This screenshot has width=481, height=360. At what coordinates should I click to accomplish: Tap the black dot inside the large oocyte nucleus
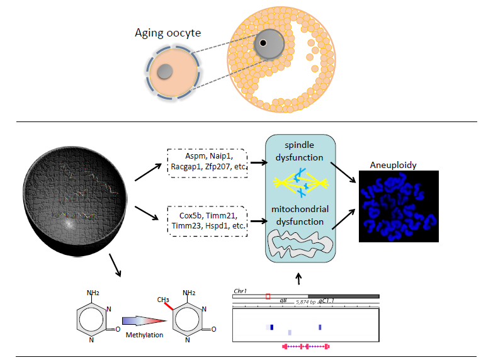[x=263, y=43]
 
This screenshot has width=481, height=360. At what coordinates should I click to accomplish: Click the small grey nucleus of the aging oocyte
[x=165, y=72]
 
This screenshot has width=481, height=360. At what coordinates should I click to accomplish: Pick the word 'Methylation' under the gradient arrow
[x=145, y=334]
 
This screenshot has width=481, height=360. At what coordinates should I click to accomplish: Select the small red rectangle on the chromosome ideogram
[x=268, y=296]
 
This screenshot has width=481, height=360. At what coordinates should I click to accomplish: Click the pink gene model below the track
[x=306, y=346]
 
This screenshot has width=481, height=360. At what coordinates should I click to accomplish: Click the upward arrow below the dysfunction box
[x=298, y=277]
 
